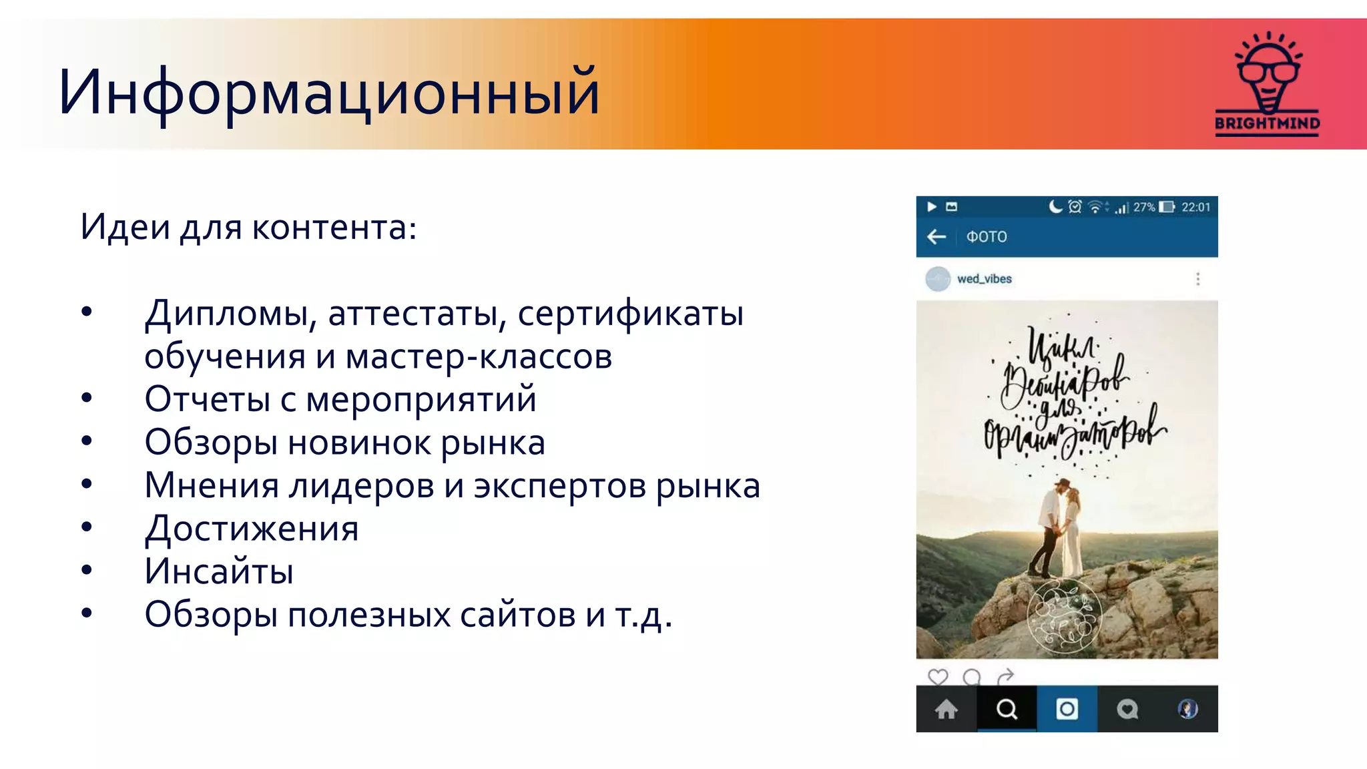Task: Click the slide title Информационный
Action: tap(328, 93)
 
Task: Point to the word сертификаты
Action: tap(630, 314)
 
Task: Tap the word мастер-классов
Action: tap(479, 356)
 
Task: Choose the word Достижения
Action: tap(252, 529)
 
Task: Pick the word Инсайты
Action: tap(219, 571)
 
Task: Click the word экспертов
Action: tap(559, 485)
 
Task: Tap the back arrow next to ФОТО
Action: tap(936, 237)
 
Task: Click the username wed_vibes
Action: tap(984, 279)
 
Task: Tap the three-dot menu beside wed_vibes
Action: tap(1197, 279)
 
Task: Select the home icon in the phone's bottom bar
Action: tap(946, 709)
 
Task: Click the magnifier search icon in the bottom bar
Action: tap(1007, 709)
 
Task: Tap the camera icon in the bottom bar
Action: tap(1067, 709)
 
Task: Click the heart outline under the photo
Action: tap(938, 677)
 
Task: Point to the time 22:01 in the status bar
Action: tap(1195, 208)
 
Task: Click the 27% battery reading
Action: tap(1144, 208)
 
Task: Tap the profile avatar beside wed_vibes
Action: tap(938, 279)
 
